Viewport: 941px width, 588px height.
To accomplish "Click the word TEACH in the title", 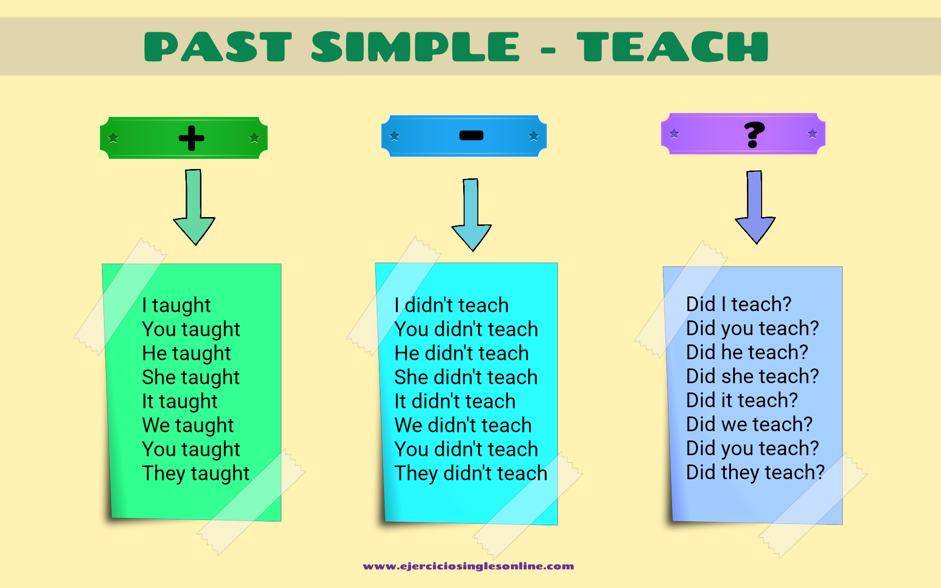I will tap(672, 47).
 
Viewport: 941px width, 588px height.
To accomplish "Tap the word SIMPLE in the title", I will tap(415, 47).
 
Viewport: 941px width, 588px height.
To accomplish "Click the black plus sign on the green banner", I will tap(191, 138).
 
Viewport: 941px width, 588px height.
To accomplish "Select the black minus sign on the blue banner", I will tap(471, 135).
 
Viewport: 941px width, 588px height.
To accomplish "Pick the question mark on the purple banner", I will tap(754, 134).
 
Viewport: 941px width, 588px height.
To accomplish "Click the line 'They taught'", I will tap(196, 473).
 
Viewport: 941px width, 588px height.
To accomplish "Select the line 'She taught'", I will tap(191, 377).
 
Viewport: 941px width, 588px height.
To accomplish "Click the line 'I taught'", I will tap(176, 305).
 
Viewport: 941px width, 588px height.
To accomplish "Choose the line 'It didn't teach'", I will tap(455, 401).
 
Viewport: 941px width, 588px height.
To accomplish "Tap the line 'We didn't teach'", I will tap(463, 425).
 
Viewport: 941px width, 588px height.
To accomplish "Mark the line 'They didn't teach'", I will tap(470, 473).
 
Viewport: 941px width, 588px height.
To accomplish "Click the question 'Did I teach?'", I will tap(739, 304).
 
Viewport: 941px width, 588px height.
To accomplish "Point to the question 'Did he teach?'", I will tap(747, 352).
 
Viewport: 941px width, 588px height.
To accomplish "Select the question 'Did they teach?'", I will tap(755, 472).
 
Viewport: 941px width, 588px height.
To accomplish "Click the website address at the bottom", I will tap(469, 566).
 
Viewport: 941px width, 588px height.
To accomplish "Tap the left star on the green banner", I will tap(113, 138).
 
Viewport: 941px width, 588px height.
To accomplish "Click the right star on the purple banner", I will tap(813, 133).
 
